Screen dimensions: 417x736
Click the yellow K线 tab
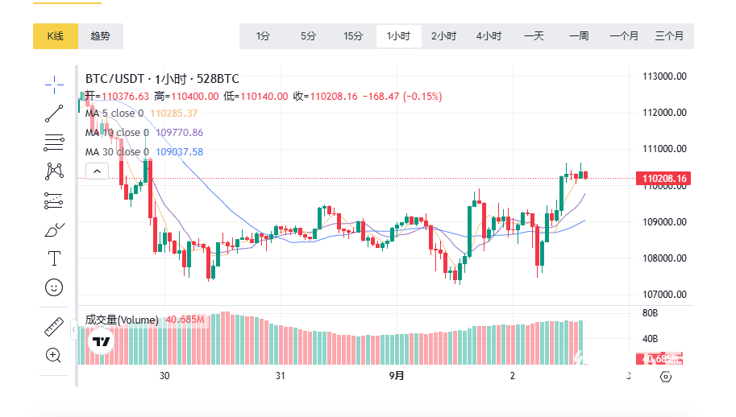point(55,35)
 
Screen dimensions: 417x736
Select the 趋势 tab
point(101,35)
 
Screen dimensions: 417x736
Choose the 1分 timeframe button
point(263,36)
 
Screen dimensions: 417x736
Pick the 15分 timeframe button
point(353,36)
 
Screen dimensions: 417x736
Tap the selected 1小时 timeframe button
point(398,36)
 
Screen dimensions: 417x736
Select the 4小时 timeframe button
point(489,36)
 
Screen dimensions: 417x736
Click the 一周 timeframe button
point(579,36)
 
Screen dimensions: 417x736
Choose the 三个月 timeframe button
point(669,36)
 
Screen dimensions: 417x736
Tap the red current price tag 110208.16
point(664,178)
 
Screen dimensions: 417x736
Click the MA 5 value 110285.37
point(174,114)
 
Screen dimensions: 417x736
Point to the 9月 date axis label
point(397,376)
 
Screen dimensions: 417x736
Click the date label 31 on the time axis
point(281,376)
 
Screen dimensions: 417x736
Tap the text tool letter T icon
point(54,258)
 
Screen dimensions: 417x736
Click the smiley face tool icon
point(54,287)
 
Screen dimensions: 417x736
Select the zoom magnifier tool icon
point(54,355)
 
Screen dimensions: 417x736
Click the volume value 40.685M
point(186,320)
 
